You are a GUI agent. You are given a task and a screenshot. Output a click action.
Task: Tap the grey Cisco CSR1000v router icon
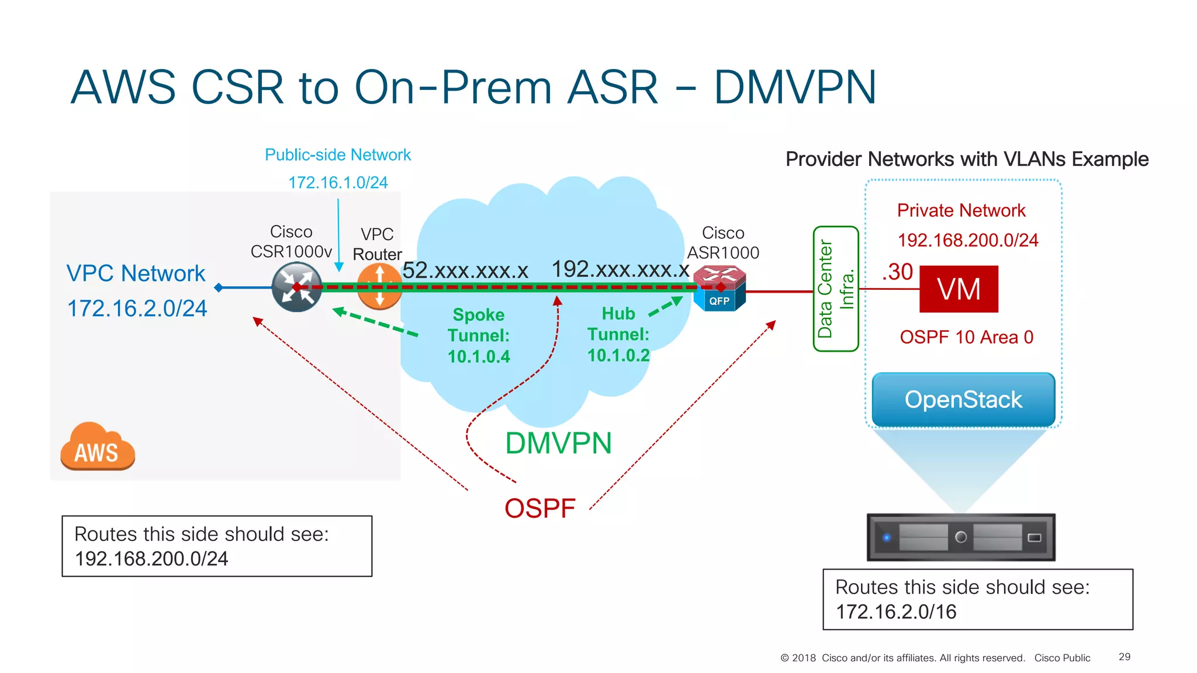[x=297, y=287]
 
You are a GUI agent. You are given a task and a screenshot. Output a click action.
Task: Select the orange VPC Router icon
[x=379, y=286]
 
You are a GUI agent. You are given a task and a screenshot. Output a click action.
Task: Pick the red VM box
[x=959, y=289]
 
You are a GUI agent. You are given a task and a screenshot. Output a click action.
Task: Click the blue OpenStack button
[x=963, y=400]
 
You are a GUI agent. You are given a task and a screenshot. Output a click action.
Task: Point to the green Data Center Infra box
[x=835, y=289]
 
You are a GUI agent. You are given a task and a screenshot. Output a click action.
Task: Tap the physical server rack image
[x=961, y=537]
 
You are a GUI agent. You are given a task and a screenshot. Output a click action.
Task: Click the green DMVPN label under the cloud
[x=558, y=443]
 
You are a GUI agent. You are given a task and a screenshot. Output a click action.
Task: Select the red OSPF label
[x=540, y=508]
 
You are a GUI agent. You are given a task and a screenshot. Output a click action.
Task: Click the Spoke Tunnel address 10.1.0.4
[x=479, y=356]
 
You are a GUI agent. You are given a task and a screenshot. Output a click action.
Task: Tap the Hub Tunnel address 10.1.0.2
[x=618, y=355]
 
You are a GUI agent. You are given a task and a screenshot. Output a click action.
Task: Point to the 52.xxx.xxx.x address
[x=465, y=270]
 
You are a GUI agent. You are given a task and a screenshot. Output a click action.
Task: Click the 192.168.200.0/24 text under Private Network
[x=968, y=240]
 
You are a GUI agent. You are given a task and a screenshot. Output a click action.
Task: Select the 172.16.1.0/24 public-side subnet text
[x=338, y=183]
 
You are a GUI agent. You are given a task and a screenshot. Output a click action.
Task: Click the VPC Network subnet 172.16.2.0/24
[x=137, y=308]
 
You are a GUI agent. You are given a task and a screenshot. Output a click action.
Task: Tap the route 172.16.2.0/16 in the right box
[x=896, y=612]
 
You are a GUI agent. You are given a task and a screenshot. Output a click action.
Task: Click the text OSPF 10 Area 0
[x=967, y=337]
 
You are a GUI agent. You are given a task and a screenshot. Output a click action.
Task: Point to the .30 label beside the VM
[x=898, y=272]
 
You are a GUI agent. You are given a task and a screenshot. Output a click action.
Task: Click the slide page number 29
[x=1125, y=657]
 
